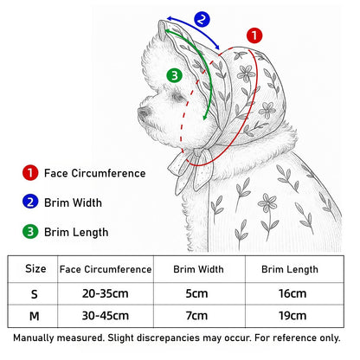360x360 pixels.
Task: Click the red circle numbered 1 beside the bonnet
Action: click(x=254, y=35)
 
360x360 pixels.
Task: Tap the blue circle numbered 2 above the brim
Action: click(x=202, y=19)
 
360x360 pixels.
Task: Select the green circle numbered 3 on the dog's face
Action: click(x=174, y=75)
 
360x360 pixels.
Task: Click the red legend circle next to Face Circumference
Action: click(x=30, y=173)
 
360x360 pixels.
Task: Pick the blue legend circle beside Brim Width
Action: click(x=30, y=202)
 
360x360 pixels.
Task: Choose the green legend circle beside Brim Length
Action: click(x=30, y=232)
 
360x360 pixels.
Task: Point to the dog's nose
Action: click(x=144, y=112)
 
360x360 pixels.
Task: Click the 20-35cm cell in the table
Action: click(x=106, y=293)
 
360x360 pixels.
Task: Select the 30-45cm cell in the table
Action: click(x=106, y=316)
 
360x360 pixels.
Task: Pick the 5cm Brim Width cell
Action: click(x=196, y=293)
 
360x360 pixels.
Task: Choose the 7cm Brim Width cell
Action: click(x=196, y=316)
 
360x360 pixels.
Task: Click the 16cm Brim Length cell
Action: click(x=292, y=293)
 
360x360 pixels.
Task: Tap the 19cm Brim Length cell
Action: click(x=292, y=316)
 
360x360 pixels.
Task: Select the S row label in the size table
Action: click(x=35, y=294)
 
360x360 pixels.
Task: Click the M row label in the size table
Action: click(x=35, y=316)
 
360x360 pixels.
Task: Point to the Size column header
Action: click(x=35, y=268)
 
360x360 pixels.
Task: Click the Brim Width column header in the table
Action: click(x=198, y=269)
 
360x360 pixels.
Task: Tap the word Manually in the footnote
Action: click(x=34, y=337)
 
